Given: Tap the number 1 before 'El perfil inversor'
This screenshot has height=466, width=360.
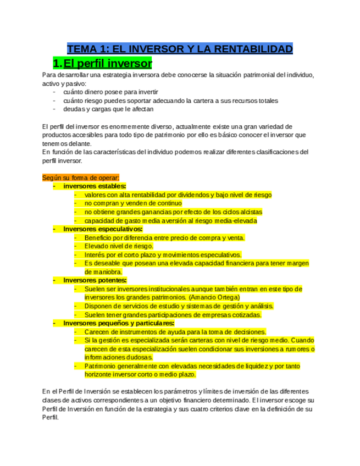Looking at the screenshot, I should pyautogui.click(x=56, y=62).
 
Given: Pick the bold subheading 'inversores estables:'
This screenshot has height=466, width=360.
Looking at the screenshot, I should pyautogui.click(x=95, y=186).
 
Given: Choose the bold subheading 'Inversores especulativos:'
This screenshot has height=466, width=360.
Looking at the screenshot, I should pyautogui.click(x=103, y=229).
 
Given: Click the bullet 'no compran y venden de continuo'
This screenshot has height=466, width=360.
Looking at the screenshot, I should pyautogui.click(x=133, y=203).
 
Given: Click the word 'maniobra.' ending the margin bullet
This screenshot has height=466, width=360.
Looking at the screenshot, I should pyautogui.click(x=103, y=271).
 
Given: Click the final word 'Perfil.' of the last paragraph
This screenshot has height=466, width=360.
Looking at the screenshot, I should pyautogui.click(x=50, y=417).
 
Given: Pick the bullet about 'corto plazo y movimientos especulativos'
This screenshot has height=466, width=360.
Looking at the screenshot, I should pyautogui.click(x=163, y=255).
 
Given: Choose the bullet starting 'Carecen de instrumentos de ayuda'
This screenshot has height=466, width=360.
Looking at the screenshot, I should pyautogui.click(x=175, y=332).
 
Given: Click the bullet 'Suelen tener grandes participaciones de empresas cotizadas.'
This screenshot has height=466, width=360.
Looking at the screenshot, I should pyautogui.click(x=173, y=315).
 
